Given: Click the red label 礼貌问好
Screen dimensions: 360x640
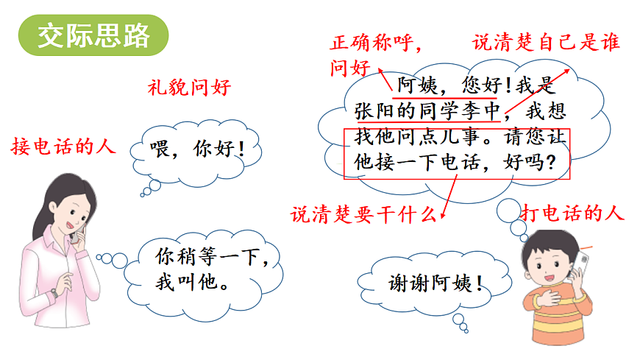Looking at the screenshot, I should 189,88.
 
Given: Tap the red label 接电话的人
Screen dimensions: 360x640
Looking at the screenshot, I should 63,147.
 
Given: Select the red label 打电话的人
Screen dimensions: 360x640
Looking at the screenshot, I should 572,214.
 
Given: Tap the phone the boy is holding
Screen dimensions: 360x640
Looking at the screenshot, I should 583,264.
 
